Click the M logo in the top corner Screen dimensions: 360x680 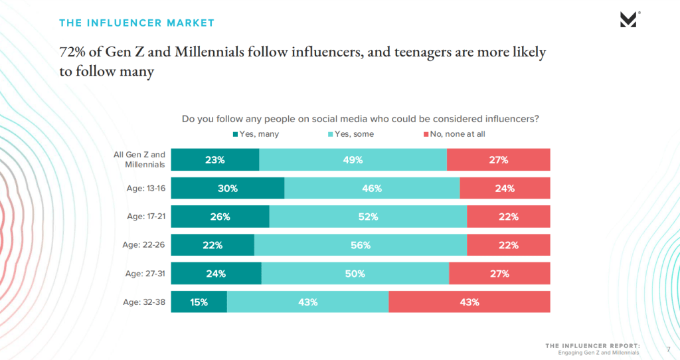[x=628, y=20]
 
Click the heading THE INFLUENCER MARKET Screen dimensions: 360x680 [x=137, y=23]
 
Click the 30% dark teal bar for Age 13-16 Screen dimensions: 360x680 [x=228, y=188]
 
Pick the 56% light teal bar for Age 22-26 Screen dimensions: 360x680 [x=361, y=245]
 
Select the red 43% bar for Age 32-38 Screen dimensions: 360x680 [x=469, y=302]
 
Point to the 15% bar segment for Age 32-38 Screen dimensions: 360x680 [x=199, y=302]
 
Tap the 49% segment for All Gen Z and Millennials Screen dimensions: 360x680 [x=353, y=160]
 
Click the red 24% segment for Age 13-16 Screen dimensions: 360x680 [x=505, y=188]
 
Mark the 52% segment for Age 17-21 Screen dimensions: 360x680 [x=368, y=217]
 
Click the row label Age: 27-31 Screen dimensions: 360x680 [x=145, y=273]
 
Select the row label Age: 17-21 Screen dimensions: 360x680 [x=145, y=217]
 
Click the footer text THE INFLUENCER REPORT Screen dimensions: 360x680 [x=593, y=345]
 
